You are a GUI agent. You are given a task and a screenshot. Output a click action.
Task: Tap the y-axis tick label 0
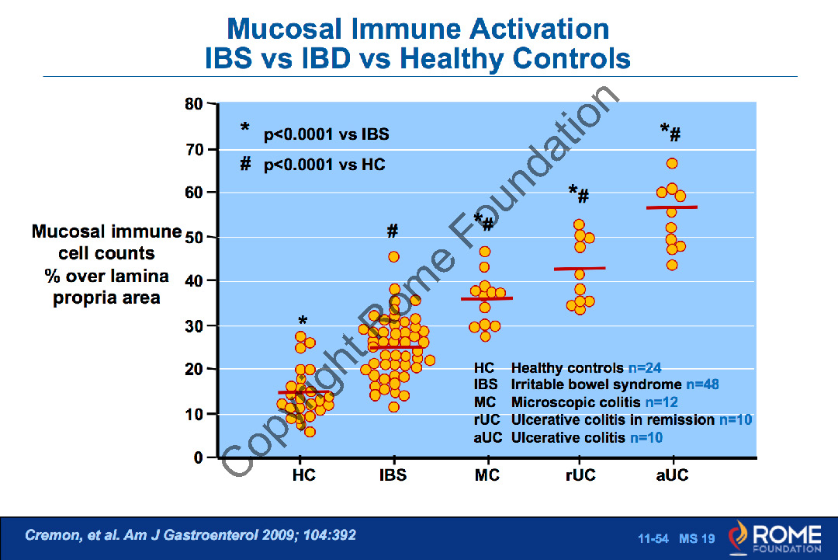(x=198, y=458)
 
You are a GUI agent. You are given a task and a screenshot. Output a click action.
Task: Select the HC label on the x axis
(x=304, y=475)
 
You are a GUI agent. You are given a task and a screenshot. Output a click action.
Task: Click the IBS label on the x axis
(x=393, y=475)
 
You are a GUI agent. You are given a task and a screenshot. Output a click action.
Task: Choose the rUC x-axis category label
(x=580, y=475)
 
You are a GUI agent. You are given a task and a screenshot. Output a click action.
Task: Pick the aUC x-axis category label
(x=672, y=475)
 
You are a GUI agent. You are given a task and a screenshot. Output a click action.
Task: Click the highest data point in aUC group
(x=672, y=163)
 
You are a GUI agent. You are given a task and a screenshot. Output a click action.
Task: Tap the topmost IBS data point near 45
(x=394, y=256)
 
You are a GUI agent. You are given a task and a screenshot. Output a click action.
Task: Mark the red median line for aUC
(x=671, y=207)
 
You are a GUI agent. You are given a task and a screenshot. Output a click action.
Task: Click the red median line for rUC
(x=580, y=269)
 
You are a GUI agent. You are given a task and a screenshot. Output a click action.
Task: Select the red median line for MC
(x=487, y=298)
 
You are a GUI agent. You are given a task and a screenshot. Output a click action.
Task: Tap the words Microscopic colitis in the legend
(x=577, y=402)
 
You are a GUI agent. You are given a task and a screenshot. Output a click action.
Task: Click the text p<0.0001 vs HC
(x=324, y=165)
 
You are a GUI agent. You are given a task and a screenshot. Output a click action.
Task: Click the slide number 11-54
(x=653, y=538)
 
